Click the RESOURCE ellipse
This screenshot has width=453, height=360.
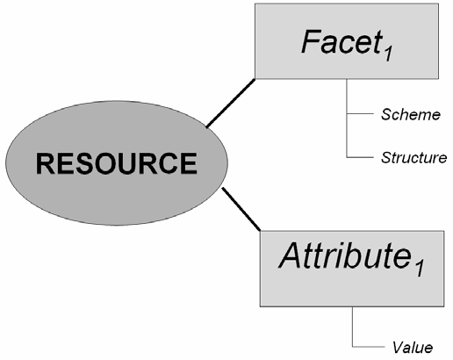(117, 163)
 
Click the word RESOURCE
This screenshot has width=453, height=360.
(117, 163)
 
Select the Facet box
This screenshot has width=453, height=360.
(347, 41)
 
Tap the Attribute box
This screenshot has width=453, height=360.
(352, 269)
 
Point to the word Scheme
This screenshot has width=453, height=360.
(411, 114)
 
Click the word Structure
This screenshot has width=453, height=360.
(413, 157)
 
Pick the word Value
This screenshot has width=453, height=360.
(413, 347)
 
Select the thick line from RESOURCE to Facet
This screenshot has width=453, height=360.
(231, 104)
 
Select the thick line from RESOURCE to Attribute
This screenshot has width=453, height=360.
(241, 209)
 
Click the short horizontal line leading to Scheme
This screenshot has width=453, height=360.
(360, 113)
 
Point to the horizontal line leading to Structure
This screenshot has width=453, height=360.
(360, 157)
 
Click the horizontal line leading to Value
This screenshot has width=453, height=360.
(369, 347)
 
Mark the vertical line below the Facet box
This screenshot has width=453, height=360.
(347, 119)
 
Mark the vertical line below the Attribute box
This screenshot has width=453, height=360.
(352, 327)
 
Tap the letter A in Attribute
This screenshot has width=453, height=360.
(292, 256)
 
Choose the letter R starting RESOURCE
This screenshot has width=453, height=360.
(46, 163)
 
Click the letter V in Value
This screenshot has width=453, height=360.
(398, 347)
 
